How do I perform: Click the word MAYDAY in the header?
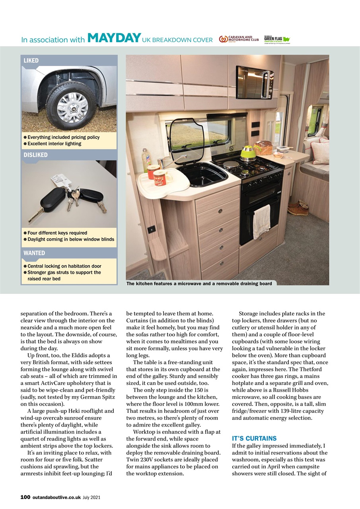(114, 38)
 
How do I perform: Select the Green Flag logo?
(277, 39)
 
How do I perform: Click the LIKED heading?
(31, 60)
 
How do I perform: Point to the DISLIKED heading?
(35, 155)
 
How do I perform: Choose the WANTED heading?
(34, 253)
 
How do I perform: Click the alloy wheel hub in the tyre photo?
(72, 107)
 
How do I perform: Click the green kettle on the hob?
(248, 154)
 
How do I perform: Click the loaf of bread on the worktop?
(263, 148)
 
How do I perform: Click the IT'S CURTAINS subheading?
(254, 438)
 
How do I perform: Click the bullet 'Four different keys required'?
(57, 233)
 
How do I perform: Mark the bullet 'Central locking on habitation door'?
(64, 266)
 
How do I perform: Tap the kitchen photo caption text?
(199, 284)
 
